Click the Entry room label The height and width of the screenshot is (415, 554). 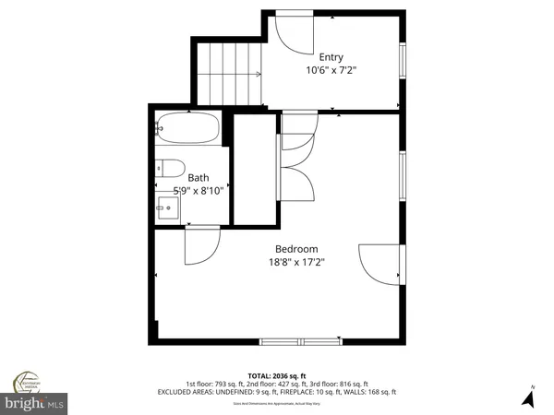pyautogui.click(x=331, y=56)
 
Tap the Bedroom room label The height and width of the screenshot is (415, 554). pyautogui.click(x=296, y=249)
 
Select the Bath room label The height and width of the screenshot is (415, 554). pyautogui.click(x=199, y=177)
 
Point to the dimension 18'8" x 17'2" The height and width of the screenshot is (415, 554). pyautogui.click(x=296, y=262)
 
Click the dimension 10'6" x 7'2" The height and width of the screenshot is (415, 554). pyautogui.click(x=331, y=69)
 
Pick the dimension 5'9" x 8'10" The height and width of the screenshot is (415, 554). pyautogui.click(x=188, y=190)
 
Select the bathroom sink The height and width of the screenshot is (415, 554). pyautogui.click(x=168, y=207)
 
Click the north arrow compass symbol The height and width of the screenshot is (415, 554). pyautogui.click(x=528, y=397)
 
